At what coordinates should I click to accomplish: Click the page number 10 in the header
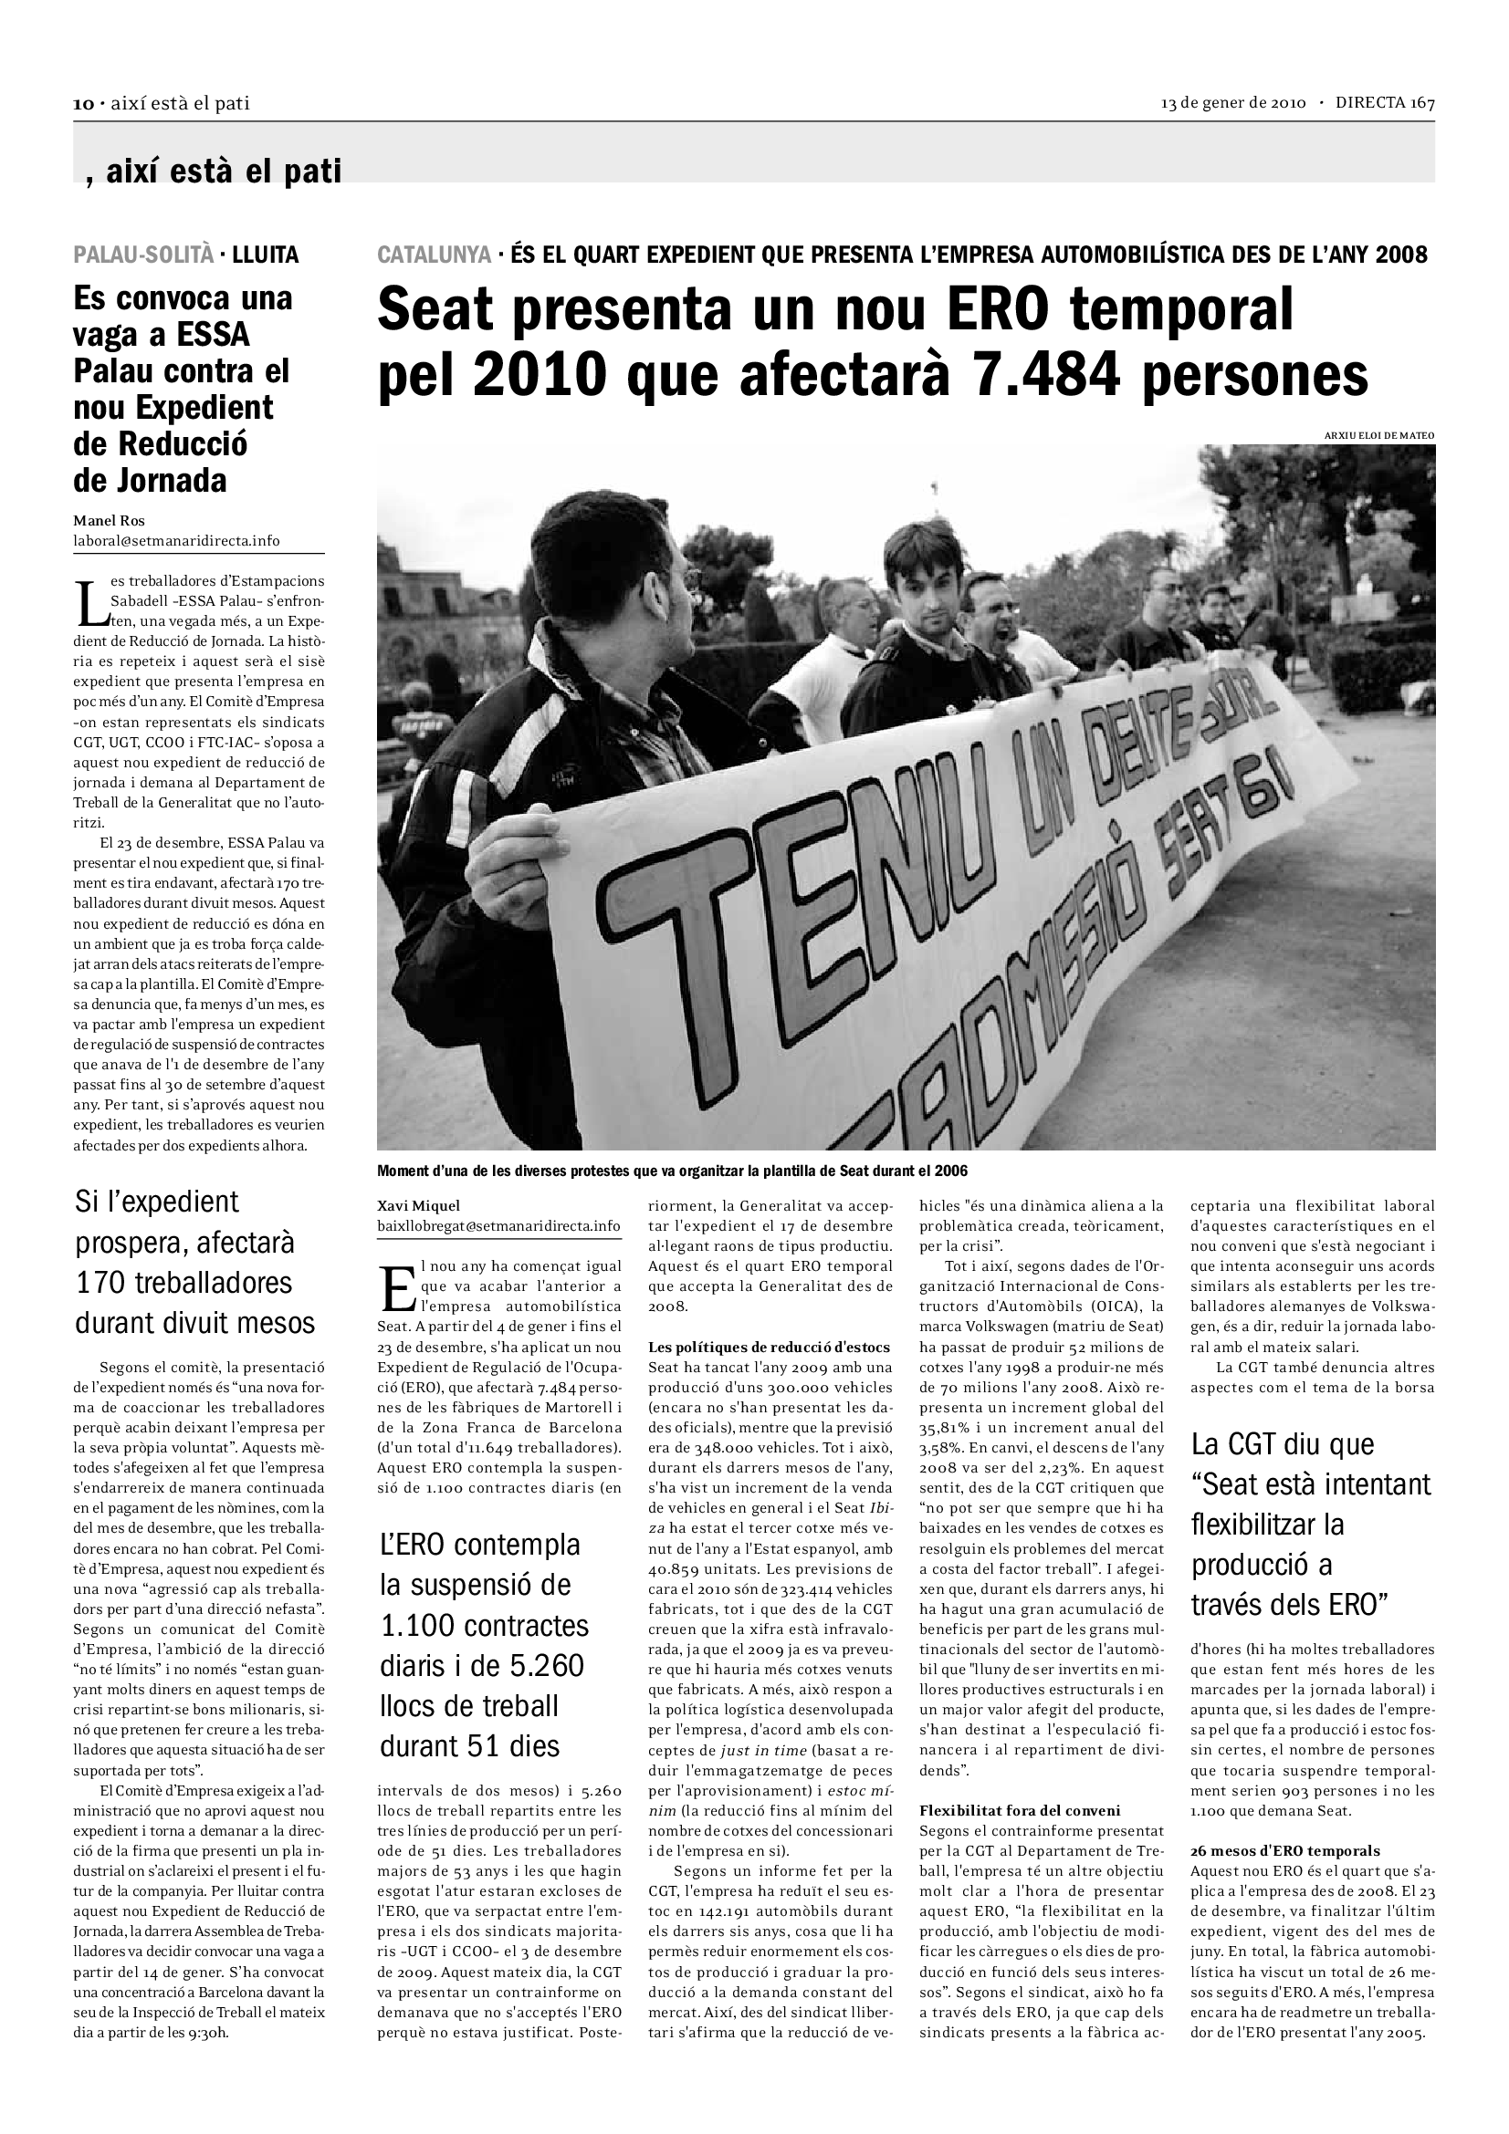click(84, 104)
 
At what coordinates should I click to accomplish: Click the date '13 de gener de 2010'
click(1233, 103)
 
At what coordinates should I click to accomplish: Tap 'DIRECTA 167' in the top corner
click(1385, 103)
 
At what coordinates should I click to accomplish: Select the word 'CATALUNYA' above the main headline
click(434, 254)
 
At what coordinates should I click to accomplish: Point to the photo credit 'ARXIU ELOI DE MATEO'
click(1378, 435)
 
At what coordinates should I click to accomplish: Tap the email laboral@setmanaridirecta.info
click(177, 540)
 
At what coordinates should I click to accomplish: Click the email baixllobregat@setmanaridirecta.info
click(498, 1226)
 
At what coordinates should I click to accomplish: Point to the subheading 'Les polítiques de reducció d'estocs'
click(769, 1347)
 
